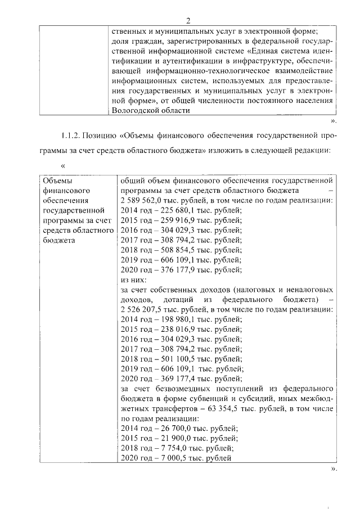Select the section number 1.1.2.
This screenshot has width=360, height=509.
click(x=70, y=136)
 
